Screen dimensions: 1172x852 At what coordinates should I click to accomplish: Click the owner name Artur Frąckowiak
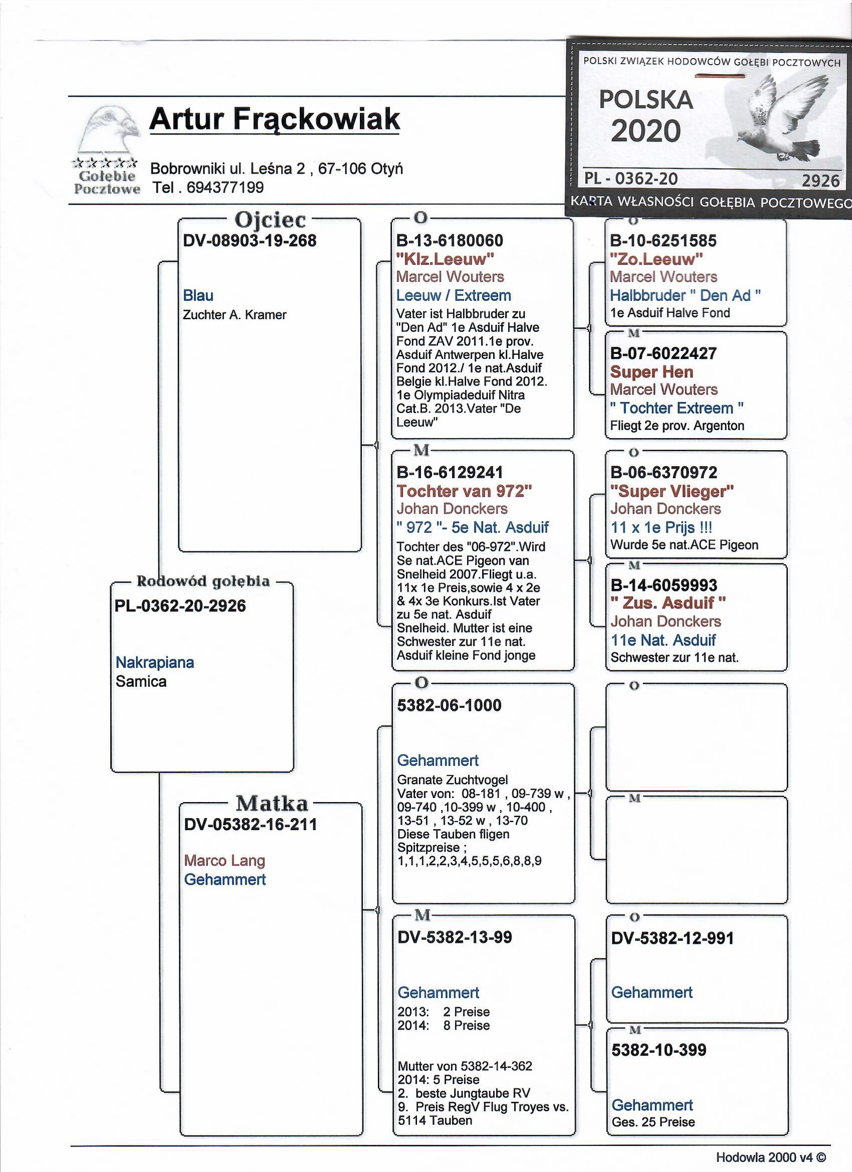click(274, 119)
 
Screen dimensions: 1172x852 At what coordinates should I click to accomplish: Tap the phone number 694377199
click(225, 187)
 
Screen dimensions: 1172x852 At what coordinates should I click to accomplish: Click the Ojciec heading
click(270, 220)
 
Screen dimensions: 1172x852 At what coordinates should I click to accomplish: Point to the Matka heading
click(272, 804)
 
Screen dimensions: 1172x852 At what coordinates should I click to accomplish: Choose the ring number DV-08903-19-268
click(250, 241)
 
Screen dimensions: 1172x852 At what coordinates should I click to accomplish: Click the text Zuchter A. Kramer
click(235, 315)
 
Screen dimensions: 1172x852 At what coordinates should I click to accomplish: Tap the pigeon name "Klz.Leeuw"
click(446, 258)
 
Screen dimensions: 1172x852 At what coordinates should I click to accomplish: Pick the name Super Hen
click(652, 371)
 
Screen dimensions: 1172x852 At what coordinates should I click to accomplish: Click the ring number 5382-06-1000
click(449, 705)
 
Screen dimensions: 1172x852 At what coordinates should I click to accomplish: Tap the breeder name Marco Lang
click(225, 860)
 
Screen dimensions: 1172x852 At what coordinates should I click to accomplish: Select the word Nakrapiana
click(155, 663)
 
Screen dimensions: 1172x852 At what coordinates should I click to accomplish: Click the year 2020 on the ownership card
click(646, 131)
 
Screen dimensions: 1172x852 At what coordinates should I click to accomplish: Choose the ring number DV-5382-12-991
click(672, 938)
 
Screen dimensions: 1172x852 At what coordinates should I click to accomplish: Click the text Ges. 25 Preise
click(653, 1122)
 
